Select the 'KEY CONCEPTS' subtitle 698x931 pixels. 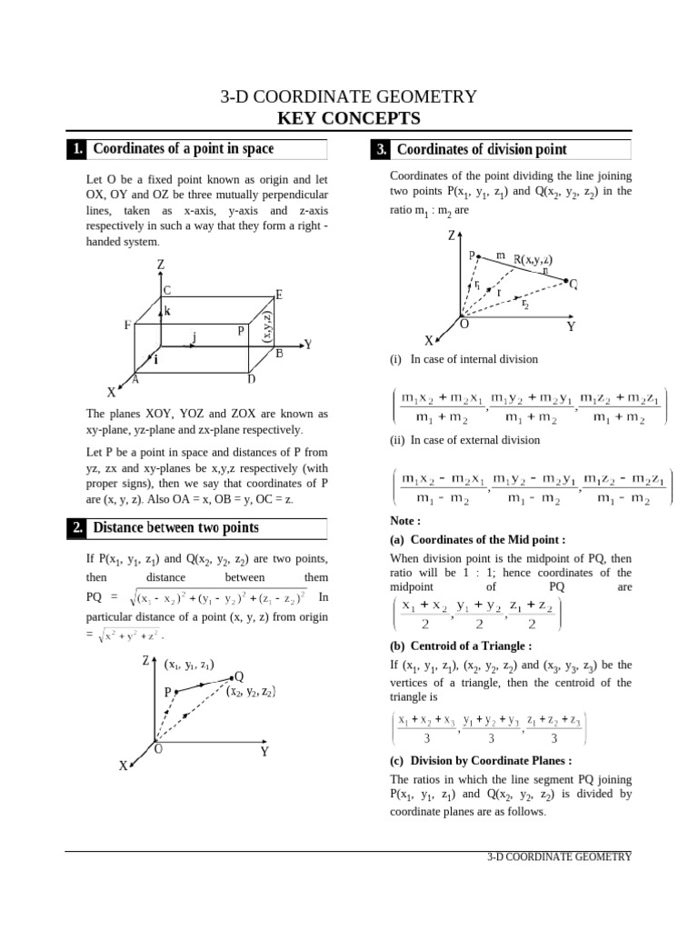(349, 118)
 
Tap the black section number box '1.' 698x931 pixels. (77, 150)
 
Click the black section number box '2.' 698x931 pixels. (77, 528)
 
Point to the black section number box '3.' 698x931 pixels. (380, 150)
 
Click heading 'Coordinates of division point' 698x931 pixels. (482, 150)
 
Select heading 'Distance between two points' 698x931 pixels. (176, 528)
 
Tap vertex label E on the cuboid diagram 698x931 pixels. (278, 295)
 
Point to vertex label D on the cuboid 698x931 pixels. (251, 379)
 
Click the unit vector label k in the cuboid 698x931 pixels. (168, 311)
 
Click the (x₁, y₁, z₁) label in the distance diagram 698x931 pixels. (189, 665)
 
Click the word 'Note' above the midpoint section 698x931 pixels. (404, 522)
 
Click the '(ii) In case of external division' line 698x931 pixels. (464, 440)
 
